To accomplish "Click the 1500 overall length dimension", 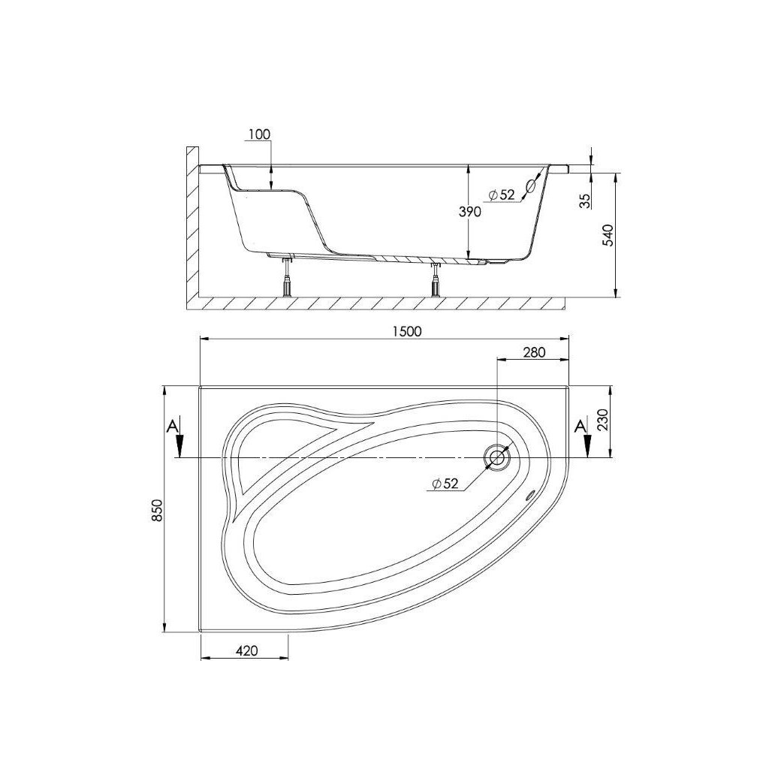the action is coord(407,331).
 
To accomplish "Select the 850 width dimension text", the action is coord(157,510).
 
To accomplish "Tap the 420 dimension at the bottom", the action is coord(246,650).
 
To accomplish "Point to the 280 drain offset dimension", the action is coord(534,352).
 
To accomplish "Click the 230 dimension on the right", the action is coord(603,419).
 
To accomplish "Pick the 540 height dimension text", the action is coord(608,235).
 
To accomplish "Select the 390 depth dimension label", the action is coord(470,212).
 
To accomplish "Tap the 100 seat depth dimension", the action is coord(259,134).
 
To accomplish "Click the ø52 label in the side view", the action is coord(502,195).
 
